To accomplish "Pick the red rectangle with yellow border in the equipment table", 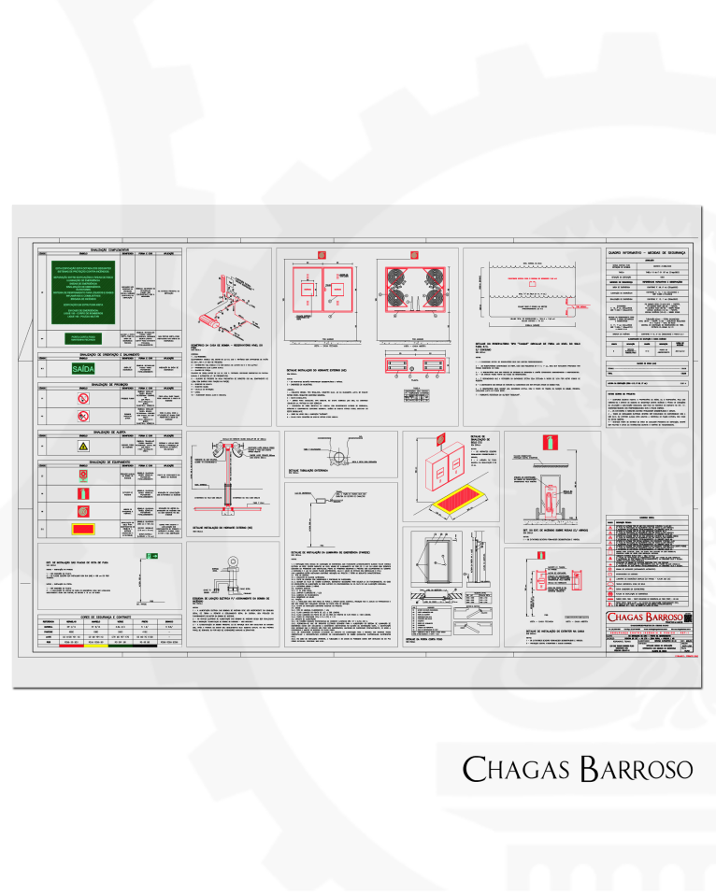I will [84, 528].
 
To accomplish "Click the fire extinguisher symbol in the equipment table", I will [84, 492].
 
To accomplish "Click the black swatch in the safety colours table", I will [145, 645].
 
